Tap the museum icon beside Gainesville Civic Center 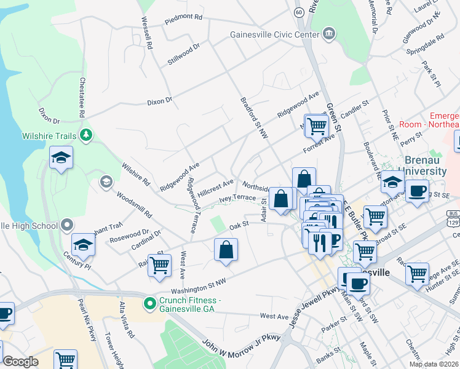[x=329, y=33]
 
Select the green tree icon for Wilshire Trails [x=87, y=135]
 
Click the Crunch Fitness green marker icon [x=149, y=303]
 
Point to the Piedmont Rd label [x=183, y=19]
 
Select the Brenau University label [x=421, y=165]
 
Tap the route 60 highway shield [x=299, y=12]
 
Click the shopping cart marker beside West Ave [x=159, y=264]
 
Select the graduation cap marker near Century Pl [x=83, y=245]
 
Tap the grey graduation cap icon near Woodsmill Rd [x=106, y=181]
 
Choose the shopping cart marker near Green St [x=317, y=126]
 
